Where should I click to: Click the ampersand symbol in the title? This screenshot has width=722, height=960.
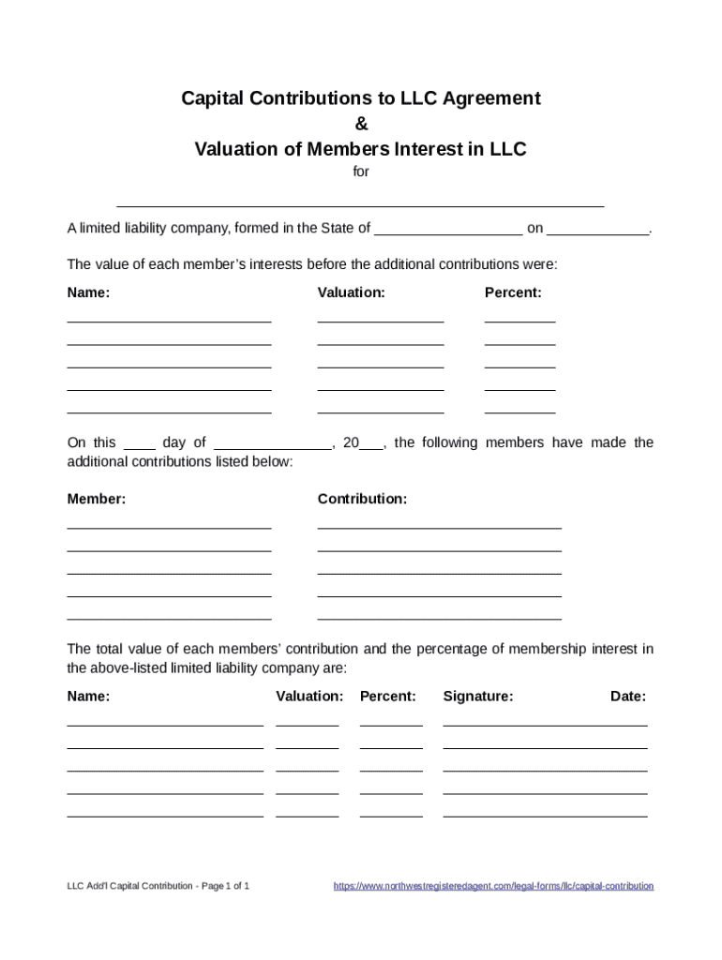tap(361, 124)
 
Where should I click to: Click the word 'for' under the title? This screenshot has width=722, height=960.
tap(361, 172)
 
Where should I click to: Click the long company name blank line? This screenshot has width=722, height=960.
tap(360, 202)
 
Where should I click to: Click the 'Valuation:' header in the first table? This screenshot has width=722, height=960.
tap(351, 292)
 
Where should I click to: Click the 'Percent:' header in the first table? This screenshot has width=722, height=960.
tap(513, 292)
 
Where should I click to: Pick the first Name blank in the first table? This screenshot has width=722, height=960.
tap(169, 320)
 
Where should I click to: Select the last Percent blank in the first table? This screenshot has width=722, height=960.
tap(519, 412)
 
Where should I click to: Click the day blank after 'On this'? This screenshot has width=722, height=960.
tap(140, 447)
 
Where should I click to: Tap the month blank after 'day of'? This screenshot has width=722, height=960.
tap(273, 447)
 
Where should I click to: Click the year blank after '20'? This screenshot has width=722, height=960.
tap(371, 447)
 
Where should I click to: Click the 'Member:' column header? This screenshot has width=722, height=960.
tap(97, 500)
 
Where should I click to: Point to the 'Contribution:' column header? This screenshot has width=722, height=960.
tap(362, 500)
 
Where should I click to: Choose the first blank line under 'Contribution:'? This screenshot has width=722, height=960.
tap(439, 527)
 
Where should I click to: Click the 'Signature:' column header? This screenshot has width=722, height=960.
tap(478, 697)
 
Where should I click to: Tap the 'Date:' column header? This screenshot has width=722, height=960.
tap(627, 697)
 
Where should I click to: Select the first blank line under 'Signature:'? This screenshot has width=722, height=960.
tap(545, 724)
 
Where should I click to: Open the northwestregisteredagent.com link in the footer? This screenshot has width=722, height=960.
tap(493, 886)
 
